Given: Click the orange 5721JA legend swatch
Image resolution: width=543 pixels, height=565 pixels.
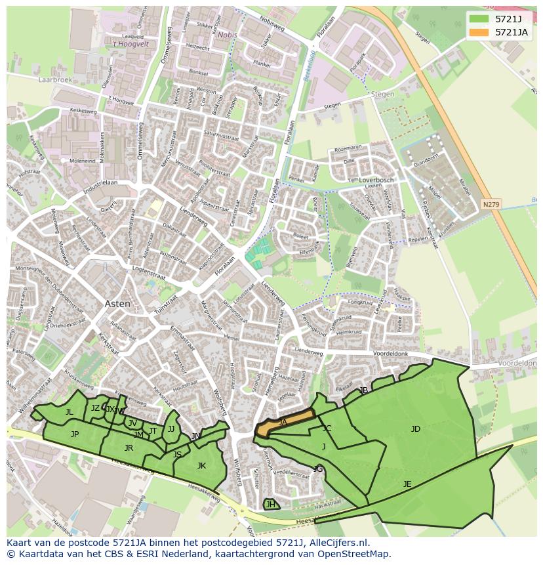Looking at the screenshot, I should click(479, 31).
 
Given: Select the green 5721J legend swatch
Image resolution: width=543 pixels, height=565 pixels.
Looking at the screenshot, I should click(479, 18).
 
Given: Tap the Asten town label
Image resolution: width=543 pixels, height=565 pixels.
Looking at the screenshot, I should click(117, 304).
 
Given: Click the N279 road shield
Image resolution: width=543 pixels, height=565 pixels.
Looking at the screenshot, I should click(491, 205).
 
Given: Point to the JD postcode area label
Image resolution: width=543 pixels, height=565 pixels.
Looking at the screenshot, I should click(415, 429).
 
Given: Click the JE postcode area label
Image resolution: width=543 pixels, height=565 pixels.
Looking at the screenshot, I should click(407, 484).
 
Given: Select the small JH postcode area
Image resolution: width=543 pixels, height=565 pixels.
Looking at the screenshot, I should click(270, 504).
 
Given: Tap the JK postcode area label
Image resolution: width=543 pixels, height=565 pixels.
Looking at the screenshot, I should click(201, 466).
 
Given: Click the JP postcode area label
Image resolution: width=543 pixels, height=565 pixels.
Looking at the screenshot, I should click(75, 434).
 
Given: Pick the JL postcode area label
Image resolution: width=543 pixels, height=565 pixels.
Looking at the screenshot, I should click(69, 412).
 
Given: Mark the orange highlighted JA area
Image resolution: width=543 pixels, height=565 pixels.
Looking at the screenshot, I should click(283, 423).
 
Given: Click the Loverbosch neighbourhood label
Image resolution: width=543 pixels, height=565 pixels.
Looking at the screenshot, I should click(376, 180).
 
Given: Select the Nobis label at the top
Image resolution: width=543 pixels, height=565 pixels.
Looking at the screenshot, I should click(227, 35).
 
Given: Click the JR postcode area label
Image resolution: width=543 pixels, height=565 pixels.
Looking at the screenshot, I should click(129, 448).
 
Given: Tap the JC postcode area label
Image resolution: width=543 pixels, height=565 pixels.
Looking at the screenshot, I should click(327, 429).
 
